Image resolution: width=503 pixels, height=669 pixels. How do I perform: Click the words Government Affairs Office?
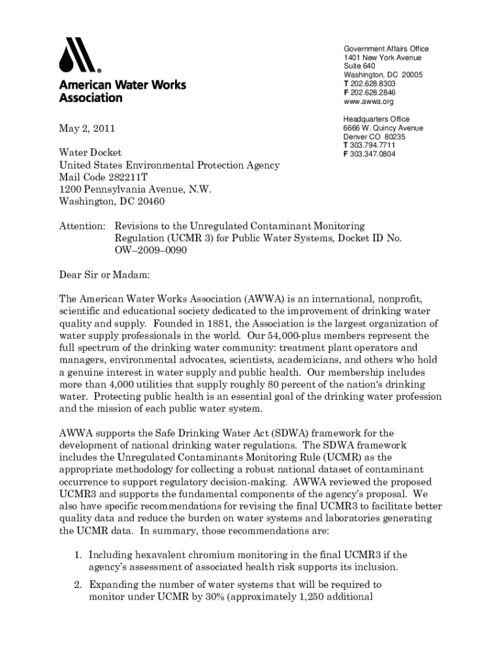point(386,49)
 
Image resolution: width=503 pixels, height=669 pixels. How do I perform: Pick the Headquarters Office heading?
point(377,119)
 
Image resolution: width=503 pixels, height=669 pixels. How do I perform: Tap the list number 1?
point(76,555)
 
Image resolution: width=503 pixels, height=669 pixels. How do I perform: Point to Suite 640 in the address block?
point(359,67)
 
